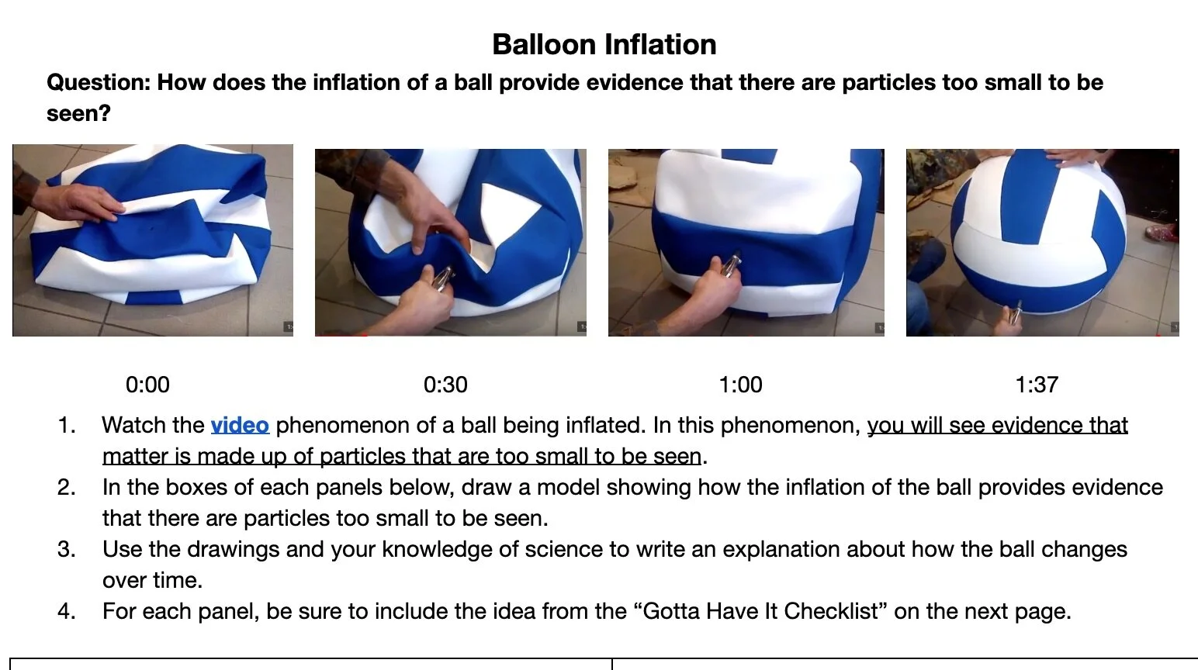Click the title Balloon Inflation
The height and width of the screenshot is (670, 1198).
click(604, 45)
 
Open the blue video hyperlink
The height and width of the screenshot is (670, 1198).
click(240, 425)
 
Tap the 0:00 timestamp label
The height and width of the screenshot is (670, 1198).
click(147, 385)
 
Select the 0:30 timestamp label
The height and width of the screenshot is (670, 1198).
click(445, 385)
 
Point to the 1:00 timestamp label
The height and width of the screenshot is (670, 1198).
click(740, 385)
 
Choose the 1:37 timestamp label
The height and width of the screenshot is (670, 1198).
click(1037, 385)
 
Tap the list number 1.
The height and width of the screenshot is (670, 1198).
click(67, 425)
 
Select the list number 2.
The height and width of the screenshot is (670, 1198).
click(67, 487)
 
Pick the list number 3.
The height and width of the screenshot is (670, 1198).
click(67, 549)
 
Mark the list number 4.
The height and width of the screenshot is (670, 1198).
click(67, 611)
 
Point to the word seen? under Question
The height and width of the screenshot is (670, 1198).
click(78, 113)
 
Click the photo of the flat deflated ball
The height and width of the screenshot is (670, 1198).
click(153, 240)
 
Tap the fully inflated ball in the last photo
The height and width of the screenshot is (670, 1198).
click(1040, 233)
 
